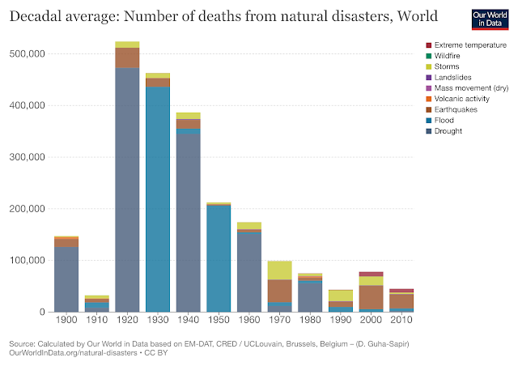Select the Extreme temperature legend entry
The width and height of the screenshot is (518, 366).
click(x=469, y=45)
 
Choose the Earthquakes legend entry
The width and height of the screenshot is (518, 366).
click(x=456, y=109)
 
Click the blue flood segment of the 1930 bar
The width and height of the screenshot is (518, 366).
click(x=158, y=202)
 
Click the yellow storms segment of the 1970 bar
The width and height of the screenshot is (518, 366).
click(x=279, y=270)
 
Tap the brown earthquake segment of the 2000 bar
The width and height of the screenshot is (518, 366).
click(x=371, y=296)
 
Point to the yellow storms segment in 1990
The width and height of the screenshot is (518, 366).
click(x=341, y=295)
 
